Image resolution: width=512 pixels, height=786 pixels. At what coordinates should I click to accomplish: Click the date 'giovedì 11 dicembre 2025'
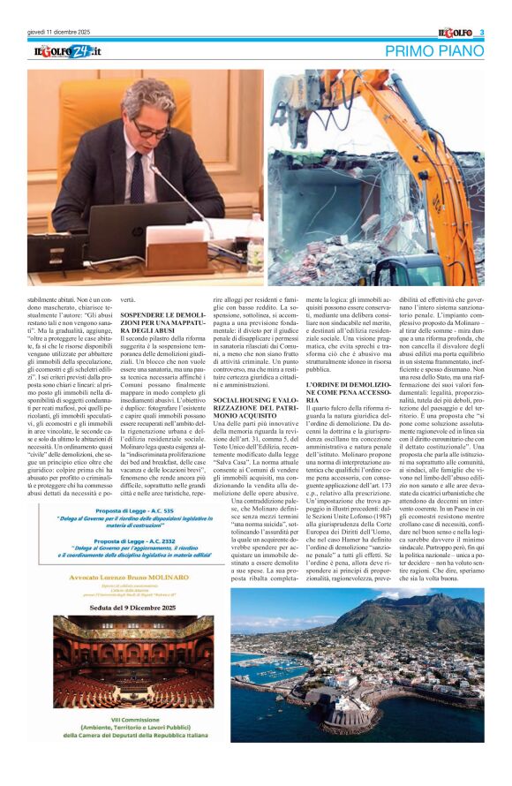(59, 33)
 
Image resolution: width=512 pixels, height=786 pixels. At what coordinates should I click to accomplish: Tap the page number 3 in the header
(482, 33)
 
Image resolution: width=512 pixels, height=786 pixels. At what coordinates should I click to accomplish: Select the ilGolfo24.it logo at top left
(68, 51)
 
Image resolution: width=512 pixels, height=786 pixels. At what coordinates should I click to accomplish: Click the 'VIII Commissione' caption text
(132, 716)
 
